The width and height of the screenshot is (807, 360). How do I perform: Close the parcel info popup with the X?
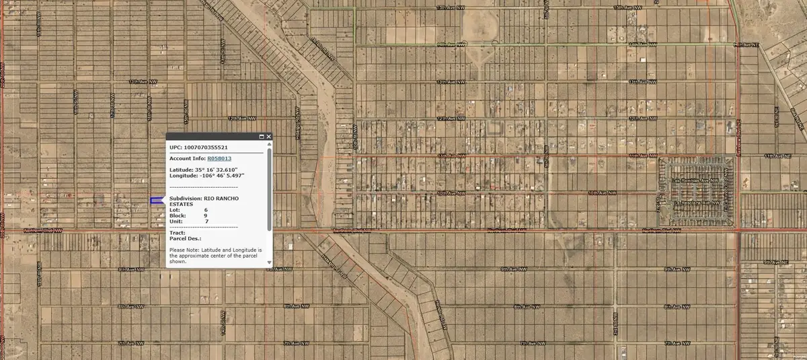pyautogui.click(x=269, y=137)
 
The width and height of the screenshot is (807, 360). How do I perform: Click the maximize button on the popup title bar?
pyautogui.click(x=261, y=137)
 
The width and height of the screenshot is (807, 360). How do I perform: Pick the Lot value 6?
pyautogui.click(x=206, y=210)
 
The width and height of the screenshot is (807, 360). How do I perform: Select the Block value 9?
pyautogui.click(x=206, y=215)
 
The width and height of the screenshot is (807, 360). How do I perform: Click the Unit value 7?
pyautogui.click(x=206, y=221)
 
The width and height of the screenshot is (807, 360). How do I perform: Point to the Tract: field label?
pyautogui.click(x=176, y=233)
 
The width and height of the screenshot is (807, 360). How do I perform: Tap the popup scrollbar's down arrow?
pyautogui.click(x=270, y=262)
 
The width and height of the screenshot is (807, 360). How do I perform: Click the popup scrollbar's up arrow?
pyautogui.click(x=270, y=144)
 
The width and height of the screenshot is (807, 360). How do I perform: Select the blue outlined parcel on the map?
pyautogui.click(x=156, y=201)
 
